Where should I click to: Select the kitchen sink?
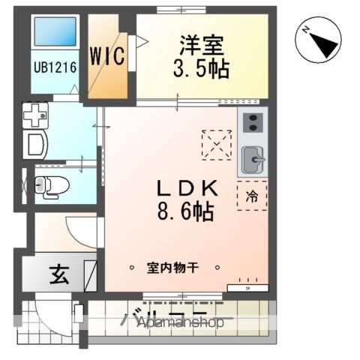point(253,158)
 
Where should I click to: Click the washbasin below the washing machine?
point(36,145)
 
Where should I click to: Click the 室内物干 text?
point(175,268)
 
